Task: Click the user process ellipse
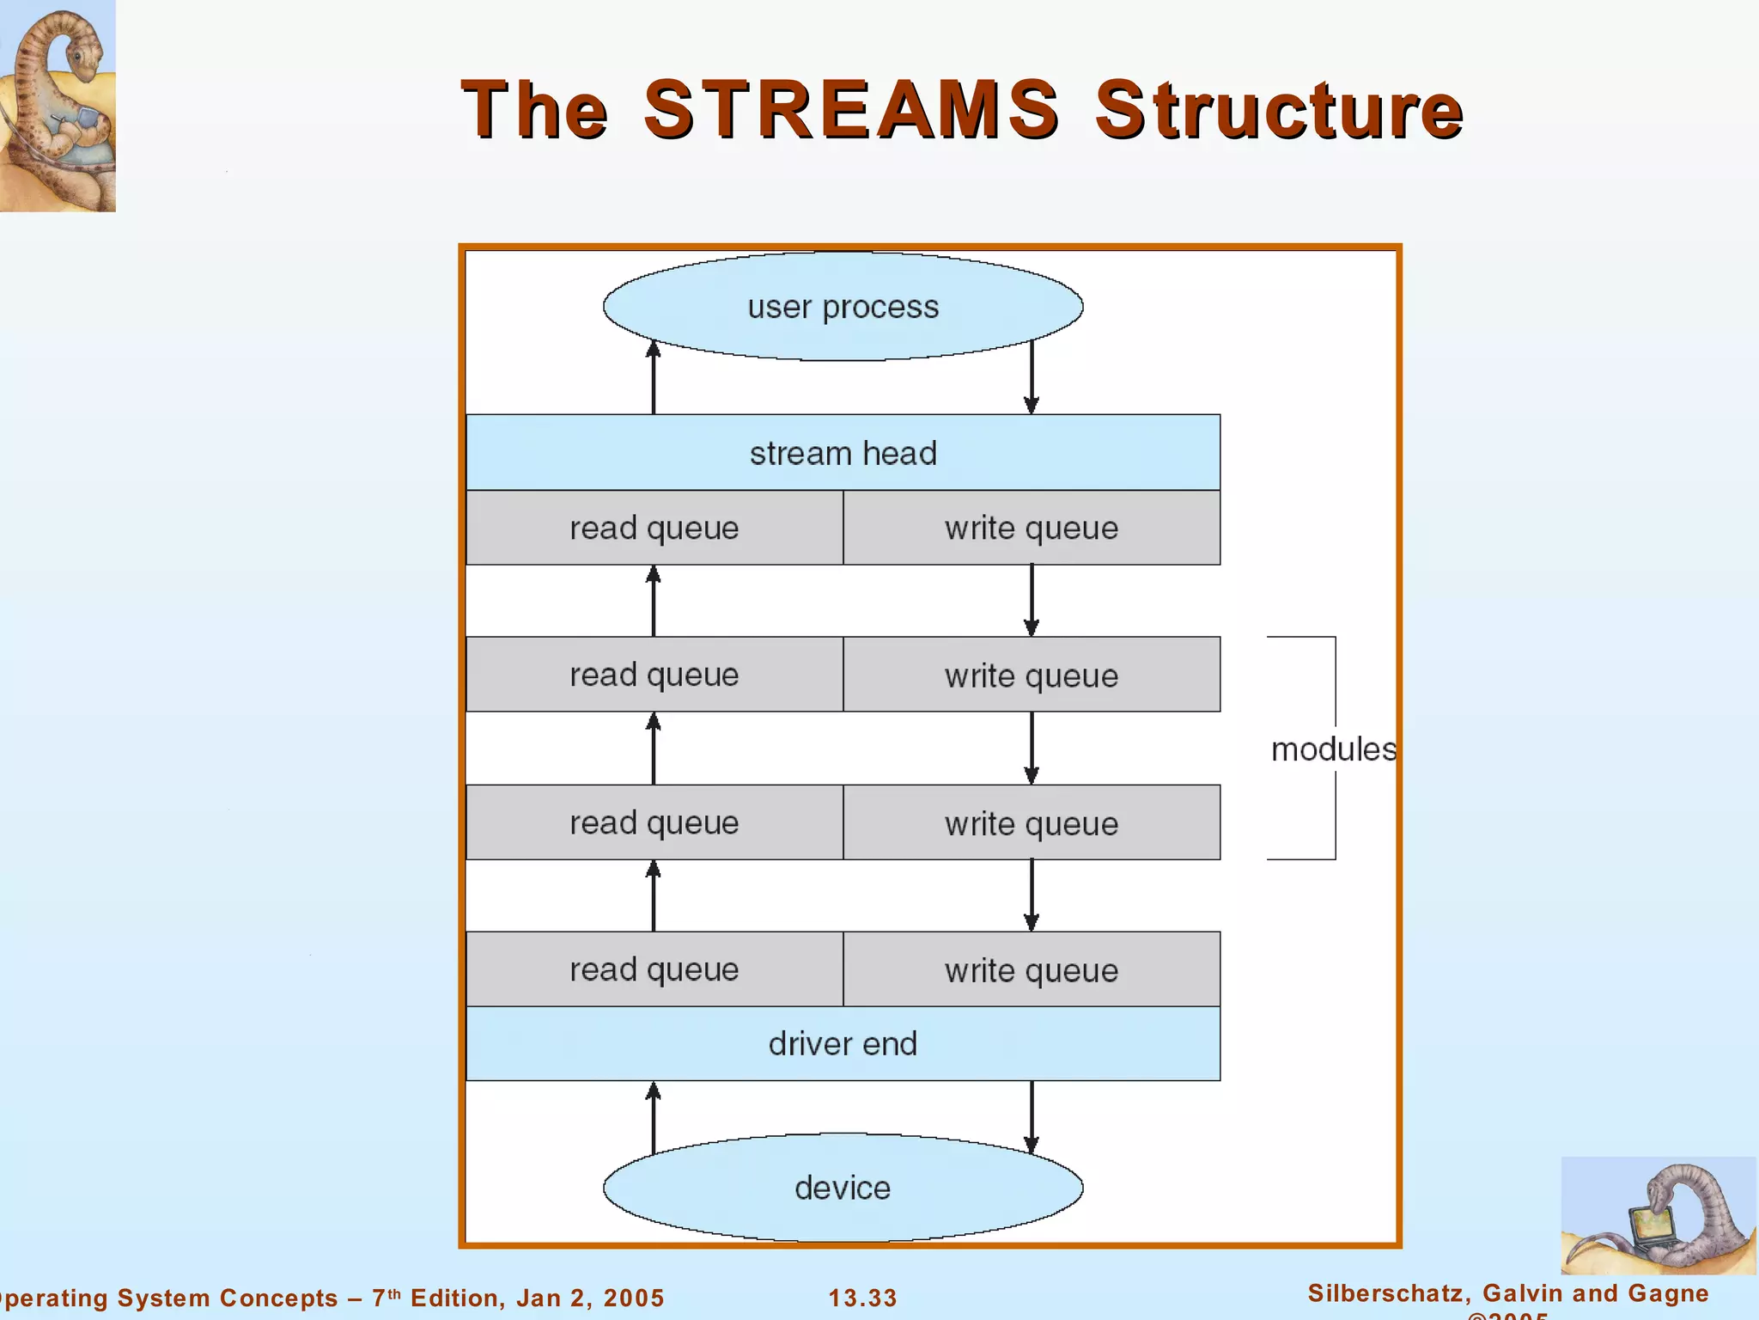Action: (x=843, y=307)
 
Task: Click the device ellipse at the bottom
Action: (x=843, y=1188)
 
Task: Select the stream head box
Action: (x=843, y=453)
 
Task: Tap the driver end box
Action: (x=843, y=1043)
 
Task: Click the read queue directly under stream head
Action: (x=654, y=528)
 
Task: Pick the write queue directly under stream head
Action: (x=1032, y=528)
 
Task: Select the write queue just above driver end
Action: (x=1032, y=969)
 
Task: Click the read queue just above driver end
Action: (x=654, y=969)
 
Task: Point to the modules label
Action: (x=1333, y=749)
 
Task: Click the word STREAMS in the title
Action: (x=850, y=109)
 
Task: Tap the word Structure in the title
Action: (x=1278, y=109)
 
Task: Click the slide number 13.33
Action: (x=862, y=1298)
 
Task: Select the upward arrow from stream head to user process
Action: (x=654, y=378)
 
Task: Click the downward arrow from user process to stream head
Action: (x=1032, y=378)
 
